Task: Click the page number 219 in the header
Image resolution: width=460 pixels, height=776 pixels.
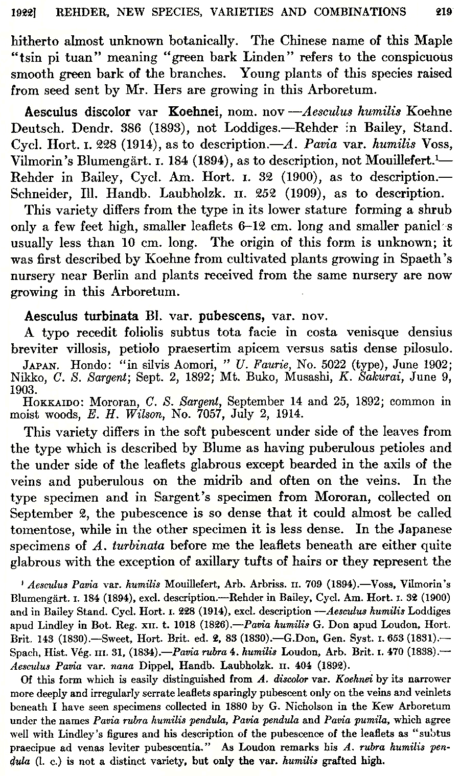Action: (x=444, y=11)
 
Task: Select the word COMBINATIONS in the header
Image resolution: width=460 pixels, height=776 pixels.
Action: (x=364, y=11)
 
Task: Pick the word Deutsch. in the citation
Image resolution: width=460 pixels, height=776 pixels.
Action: (x=30, y=128)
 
